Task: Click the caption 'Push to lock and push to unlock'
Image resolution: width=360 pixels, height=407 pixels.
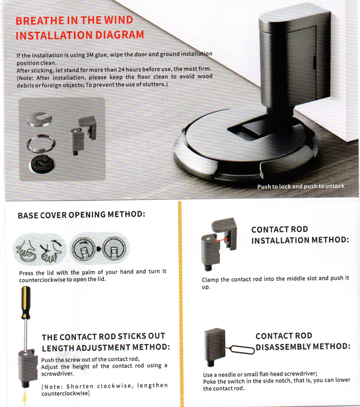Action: coord(301,186)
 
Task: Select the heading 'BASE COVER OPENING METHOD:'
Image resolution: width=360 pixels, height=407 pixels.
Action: coord(81,215)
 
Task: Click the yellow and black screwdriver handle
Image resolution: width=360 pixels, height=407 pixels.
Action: coord(26,302)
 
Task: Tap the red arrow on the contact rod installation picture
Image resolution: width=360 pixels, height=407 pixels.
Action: coord(220,240)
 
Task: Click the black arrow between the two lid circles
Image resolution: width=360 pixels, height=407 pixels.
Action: coord(99,249)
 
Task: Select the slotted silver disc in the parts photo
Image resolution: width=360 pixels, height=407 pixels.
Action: coord(40,119)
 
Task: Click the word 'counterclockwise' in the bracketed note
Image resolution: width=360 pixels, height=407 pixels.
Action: coord(65,393)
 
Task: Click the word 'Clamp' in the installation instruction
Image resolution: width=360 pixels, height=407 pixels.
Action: coord(210,280)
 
